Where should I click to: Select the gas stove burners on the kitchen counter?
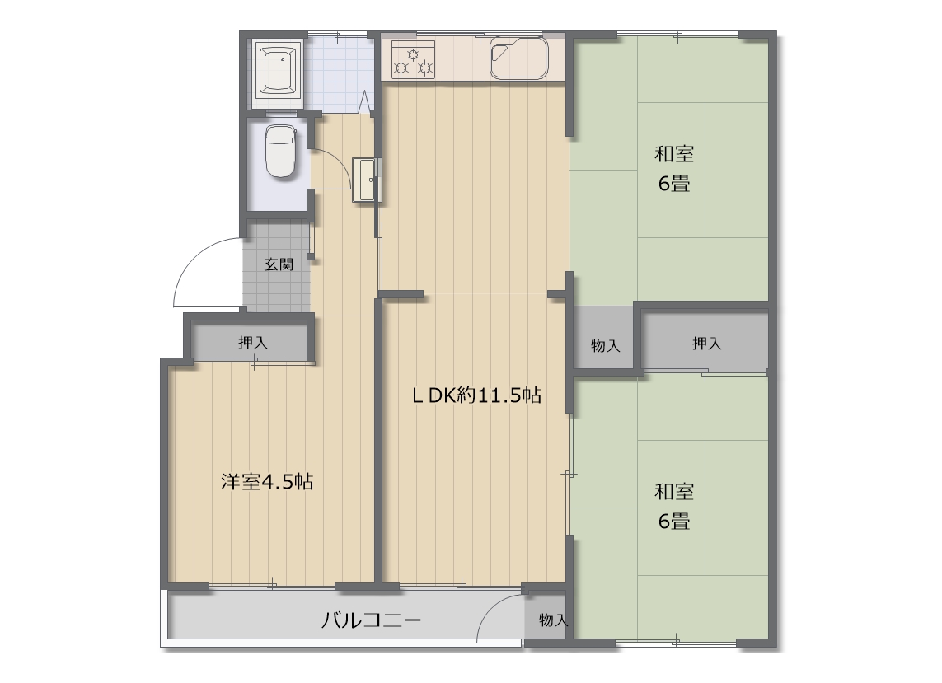coord(414,60)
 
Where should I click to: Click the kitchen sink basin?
coord(518,58)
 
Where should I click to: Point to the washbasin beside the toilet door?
coord(364,180)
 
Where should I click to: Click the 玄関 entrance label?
coord(279,264)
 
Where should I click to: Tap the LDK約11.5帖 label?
coord(477,395)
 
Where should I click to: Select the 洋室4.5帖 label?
coord(267,482)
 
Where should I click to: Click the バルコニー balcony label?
coord(371,620)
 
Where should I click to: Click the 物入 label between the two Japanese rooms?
coord(605,345)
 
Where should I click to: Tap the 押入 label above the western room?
coord(253,343)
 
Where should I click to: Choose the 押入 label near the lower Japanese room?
coord(706,343)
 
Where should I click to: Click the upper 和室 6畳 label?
coord(674,169)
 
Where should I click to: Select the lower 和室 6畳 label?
coord(674,507)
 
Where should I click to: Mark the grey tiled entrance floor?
coord(276,265)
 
